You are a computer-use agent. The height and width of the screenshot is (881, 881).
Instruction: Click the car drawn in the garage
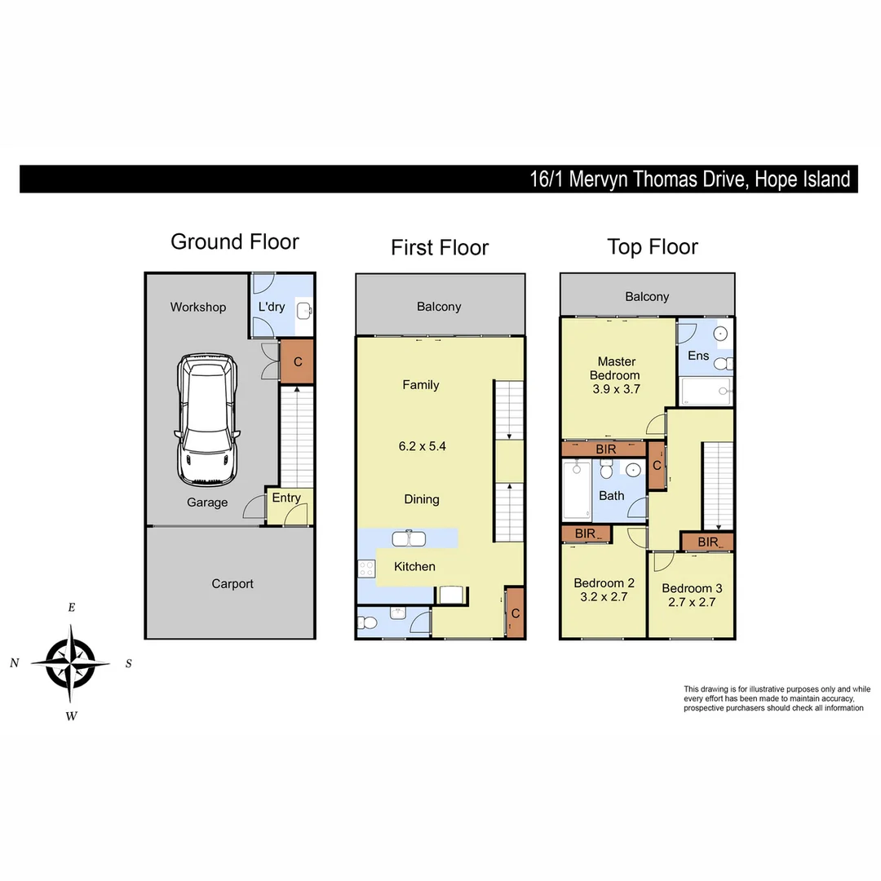point(208,420)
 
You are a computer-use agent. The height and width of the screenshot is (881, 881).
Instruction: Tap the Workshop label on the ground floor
point(198,308)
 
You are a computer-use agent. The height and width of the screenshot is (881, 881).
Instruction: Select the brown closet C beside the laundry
point(298,361)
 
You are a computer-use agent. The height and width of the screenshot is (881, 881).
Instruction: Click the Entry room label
point(286,498)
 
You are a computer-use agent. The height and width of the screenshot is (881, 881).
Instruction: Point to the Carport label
point(232,584)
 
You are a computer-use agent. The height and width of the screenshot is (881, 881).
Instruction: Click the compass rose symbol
point(71,662)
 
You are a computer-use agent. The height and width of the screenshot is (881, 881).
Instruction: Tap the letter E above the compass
point(72,608)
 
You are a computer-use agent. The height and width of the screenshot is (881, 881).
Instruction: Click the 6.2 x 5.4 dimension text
point(422,446)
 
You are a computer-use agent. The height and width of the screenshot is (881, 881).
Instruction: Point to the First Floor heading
point(440,248)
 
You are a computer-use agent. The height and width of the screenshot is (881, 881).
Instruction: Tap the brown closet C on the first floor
point(515,613)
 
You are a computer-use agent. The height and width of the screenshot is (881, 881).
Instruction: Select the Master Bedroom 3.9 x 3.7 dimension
point(617,389)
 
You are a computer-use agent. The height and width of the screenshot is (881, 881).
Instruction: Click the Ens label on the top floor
point(698,356)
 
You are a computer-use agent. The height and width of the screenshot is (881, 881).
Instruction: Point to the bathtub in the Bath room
point(577,491)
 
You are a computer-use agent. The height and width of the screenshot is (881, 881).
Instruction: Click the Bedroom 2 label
point(604,583)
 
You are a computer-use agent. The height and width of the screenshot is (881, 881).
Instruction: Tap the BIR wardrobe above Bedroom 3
point(707,542)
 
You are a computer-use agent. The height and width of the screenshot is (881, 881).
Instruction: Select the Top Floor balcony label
point(647,297)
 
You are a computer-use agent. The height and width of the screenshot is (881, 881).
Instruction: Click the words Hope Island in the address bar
point(802,179)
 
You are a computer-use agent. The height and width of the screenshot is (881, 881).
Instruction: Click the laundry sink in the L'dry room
point(303,310)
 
